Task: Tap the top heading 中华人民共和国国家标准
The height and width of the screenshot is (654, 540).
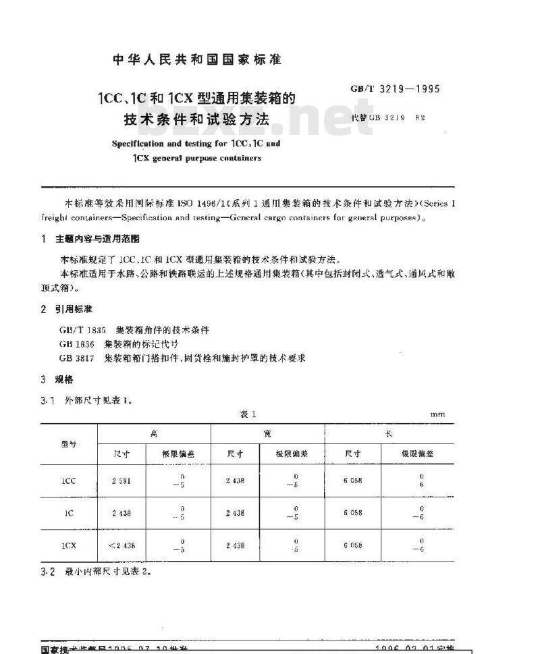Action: tap(196, 59)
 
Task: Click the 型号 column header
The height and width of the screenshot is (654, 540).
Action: tap(70, 443)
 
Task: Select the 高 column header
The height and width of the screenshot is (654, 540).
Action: tap(154, 434)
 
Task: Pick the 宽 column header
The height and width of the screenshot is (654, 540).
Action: tap(267, 434)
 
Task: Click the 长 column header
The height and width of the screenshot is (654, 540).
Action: tap(389, 434)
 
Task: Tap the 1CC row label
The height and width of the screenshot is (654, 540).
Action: tap(69, 481)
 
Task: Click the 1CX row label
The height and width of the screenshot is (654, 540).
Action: tap(69, 545)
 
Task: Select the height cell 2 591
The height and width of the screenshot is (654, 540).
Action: tap(122, 481)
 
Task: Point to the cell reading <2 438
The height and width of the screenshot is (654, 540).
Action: tap(122, 545)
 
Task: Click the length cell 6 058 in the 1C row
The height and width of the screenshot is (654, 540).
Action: tap(352, 513)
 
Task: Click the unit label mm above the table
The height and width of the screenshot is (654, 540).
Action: tap(438, 415)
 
